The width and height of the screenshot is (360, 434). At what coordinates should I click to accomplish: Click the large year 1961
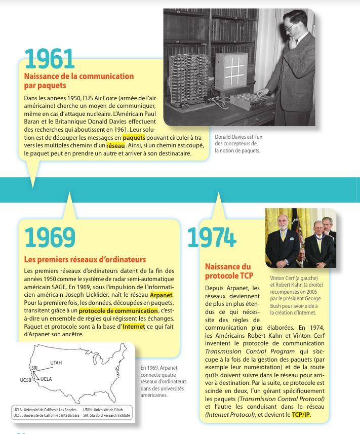pos(50,59)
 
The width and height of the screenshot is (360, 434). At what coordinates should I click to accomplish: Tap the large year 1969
pos(50,236)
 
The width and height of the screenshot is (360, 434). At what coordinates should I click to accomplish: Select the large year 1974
pos(212,237)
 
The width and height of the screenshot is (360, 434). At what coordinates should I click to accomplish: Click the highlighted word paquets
pos(134,137)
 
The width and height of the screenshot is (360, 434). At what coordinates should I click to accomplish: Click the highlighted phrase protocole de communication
pos(118,310)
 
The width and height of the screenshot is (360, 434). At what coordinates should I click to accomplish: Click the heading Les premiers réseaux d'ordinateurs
pos(85,260)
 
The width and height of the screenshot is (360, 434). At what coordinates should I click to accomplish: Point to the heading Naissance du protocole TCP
pos(229,271)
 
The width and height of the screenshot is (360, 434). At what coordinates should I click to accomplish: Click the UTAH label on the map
pos(56,363)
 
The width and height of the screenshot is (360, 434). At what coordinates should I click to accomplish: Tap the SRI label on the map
pos(34,367)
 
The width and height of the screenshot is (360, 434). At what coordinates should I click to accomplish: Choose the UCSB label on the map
pos(26,379)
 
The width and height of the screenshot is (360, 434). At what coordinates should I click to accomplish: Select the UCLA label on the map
pos(46,379)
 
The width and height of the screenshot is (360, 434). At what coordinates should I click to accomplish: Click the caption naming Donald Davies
pos(238,143)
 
